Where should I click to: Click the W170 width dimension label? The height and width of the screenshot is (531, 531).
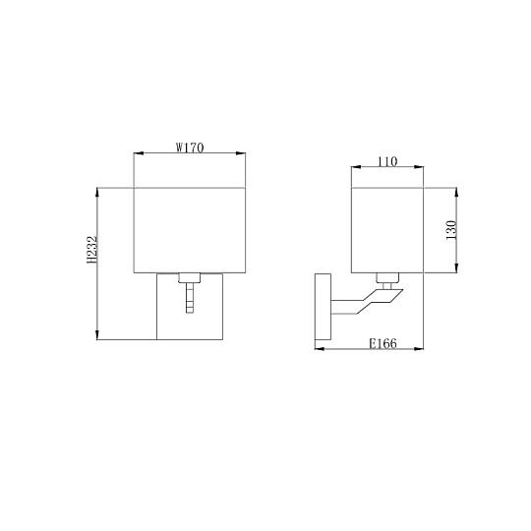189,148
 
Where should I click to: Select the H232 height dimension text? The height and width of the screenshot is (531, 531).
91,251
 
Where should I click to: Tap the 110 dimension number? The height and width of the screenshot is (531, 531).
386,162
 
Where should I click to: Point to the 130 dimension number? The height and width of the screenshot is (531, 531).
451,229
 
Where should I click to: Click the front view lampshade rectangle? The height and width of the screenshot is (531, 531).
189,227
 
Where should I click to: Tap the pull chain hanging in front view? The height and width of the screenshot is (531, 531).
189,298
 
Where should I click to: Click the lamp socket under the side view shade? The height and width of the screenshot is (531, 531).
386,277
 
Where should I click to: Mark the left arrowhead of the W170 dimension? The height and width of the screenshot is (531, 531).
137,153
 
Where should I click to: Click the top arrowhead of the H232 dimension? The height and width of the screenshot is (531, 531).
97,189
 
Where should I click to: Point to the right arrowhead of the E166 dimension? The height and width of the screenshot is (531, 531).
418,348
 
